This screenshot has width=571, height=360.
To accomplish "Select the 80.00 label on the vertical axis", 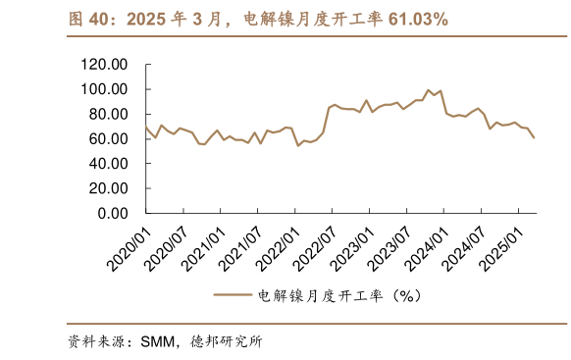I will pos(111,114).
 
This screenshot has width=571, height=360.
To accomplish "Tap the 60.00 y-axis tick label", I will pos(111,138).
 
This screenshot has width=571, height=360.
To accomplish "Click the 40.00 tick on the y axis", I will pos(111,164).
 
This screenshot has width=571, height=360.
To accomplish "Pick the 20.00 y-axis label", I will pos(111,188).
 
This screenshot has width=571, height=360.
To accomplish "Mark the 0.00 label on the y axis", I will pos(115,213).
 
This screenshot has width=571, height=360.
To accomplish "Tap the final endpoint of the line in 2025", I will pos(535,137).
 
